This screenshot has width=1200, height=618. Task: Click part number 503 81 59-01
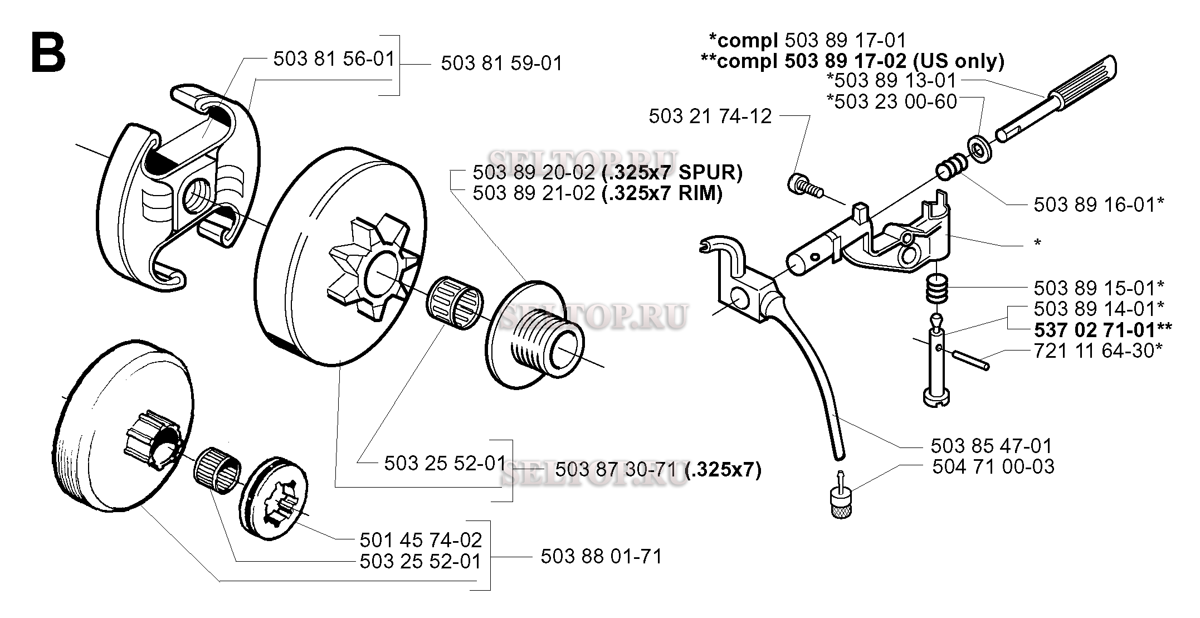[x=501, y=63]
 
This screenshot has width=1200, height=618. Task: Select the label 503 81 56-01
[x=334, y=59]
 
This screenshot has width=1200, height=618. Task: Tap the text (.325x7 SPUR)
[x=672, y=173]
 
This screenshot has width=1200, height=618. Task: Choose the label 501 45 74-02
[x=421, y=539]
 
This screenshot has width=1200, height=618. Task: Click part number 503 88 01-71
[x=602, y=556]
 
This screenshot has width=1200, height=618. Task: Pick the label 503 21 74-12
[x=710, y=116]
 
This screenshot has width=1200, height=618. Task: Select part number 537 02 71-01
[x=1095, y=330]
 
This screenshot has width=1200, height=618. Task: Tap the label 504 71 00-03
[x=993, y=466]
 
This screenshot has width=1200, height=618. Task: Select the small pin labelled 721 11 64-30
[x=970, y=358]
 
